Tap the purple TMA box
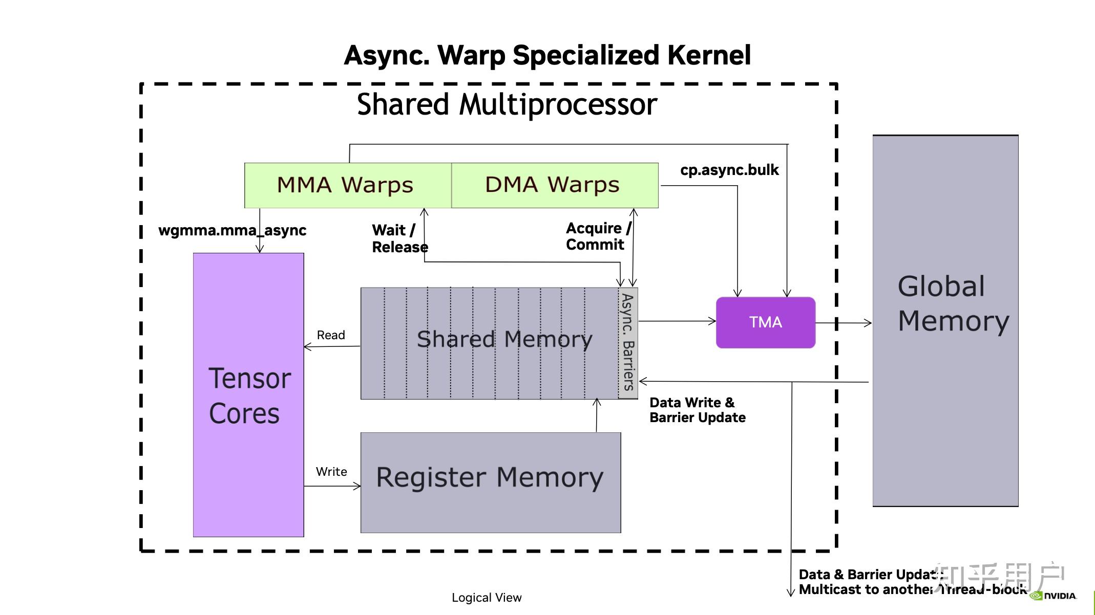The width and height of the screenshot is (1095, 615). click(765, 322)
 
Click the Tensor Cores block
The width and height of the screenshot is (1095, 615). click(248, 394)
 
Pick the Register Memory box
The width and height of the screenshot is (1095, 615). click(490, 482)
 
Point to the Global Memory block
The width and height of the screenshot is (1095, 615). click(945, 321)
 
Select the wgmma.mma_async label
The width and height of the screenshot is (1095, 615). click(232, 230)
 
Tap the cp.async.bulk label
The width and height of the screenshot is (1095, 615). click(729, 170)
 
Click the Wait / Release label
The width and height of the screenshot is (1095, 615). click(399, 238)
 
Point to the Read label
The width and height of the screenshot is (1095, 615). click(331, 335)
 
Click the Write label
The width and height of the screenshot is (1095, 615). click(331, 472)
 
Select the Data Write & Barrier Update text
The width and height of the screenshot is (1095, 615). click(697, 410)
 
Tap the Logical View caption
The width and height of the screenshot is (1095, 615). click(486, 597)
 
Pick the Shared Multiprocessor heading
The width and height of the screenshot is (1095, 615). click(507, 104)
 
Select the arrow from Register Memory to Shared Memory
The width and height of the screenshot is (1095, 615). click(596, 415)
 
